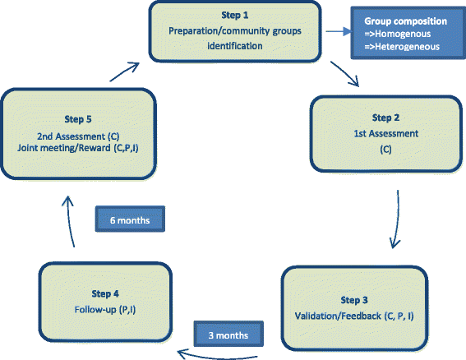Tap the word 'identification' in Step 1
(x=235, y=46)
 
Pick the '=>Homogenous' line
(x=390, y=35)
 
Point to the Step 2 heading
(x=372, y=117)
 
